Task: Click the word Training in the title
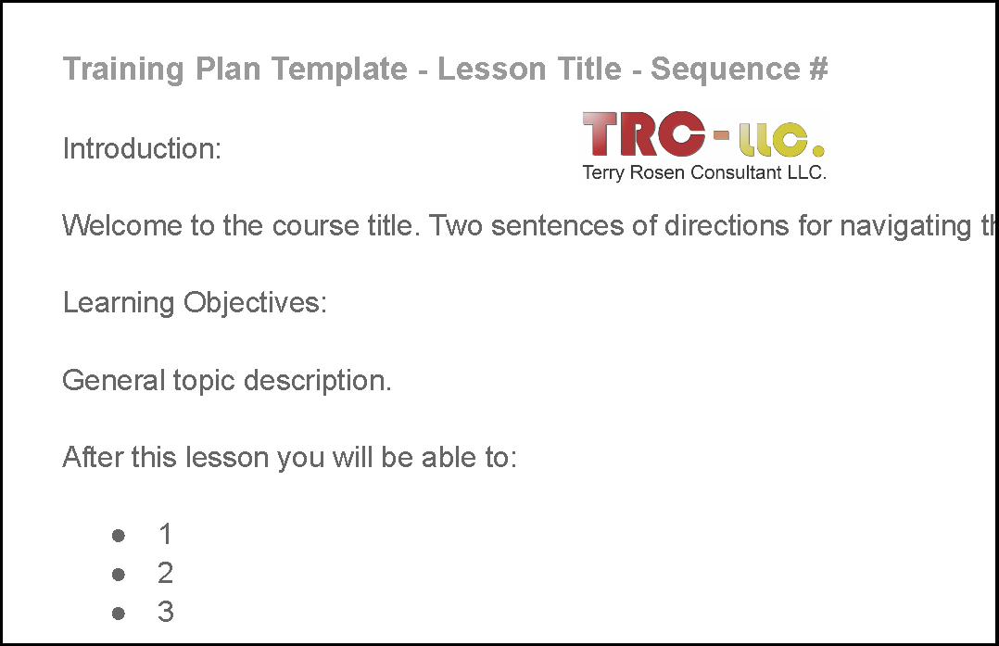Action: pos(123,70)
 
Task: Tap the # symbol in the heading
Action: pos(818,69)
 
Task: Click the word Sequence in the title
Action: pos(725,70)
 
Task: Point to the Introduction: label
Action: pos(142,148)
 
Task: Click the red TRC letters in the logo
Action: pos(644,133)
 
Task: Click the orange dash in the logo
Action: pos(721,134)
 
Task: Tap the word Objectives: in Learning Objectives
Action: pos(255,303)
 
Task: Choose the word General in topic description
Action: pos(114,380)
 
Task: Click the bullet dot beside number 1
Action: pos(119,536)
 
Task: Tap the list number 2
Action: pos(166,574)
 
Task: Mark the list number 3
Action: pos(166,612)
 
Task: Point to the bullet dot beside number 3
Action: pos(119,614)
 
